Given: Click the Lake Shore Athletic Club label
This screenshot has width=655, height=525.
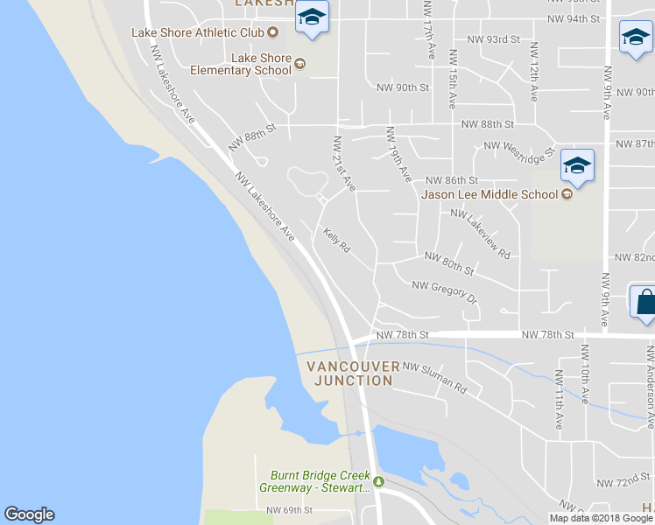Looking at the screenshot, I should (x=197, y=32).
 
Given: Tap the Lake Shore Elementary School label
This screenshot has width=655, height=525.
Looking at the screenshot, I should (x=261, y=64).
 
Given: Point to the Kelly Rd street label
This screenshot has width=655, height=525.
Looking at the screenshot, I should (x=336, y=241).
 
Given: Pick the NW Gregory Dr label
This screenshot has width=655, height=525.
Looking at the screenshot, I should (x=444, y=291).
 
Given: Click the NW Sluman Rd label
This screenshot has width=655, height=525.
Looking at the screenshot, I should (x=435, y=377).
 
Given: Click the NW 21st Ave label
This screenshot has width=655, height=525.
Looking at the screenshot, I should (x=344, y=164).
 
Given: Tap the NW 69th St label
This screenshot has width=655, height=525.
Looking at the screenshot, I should (x=290, y=509).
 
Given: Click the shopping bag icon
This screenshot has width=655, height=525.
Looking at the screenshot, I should (x=644, y=303).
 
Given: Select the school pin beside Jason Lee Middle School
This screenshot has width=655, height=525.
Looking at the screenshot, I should (x=577, y=165).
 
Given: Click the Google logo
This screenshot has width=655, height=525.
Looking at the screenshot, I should (x=29, y=514).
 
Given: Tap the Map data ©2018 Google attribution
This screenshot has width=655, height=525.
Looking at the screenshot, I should (x=601, y=518).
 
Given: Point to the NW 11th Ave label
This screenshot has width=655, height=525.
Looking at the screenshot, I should (x=558, y=399).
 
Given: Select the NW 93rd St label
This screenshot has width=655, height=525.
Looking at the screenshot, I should (x=493, y=40).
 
